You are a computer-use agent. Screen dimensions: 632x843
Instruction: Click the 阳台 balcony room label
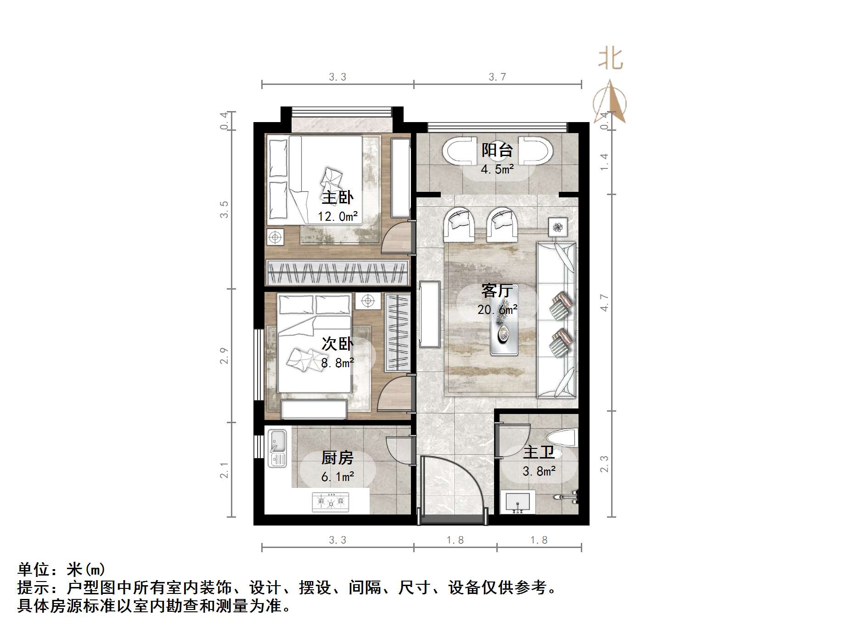tap(497, 150)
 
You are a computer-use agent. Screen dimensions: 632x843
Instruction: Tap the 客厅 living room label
tap(497, 291)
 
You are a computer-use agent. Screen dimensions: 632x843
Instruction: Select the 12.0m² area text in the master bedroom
tap(337, 216)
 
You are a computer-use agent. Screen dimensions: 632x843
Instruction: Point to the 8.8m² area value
tap(337, 363)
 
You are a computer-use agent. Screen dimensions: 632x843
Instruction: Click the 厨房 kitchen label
tap(337, 458)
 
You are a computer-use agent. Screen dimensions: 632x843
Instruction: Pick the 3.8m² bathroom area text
tap(539, 471)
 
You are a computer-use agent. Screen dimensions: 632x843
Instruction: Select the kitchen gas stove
tap(331, 502)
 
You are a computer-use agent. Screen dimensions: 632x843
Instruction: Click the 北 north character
tap(610, 59)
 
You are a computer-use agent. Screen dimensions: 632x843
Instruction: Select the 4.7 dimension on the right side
tap(604, 303)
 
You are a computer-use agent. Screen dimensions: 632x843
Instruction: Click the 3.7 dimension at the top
tap(497, 77)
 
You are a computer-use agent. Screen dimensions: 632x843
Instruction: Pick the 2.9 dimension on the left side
tap(224, 356)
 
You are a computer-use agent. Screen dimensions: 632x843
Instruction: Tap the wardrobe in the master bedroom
tap(337, 273)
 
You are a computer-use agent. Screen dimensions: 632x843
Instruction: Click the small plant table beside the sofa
tap(558, 227)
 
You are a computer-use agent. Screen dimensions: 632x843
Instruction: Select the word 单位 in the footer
tap(34, 570)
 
